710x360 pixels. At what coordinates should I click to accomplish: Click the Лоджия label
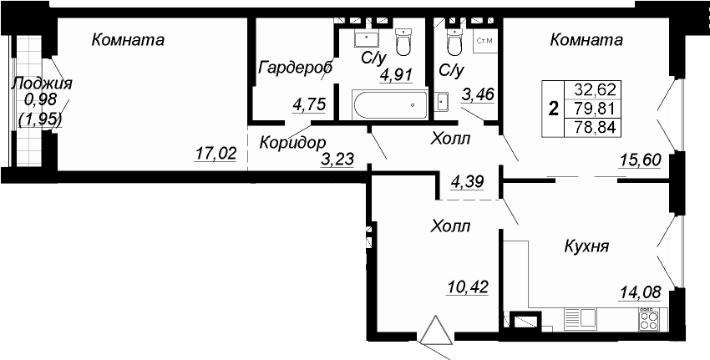[x=42, y=84]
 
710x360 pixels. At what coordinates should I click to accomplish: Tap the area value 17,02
[x=216, y=155]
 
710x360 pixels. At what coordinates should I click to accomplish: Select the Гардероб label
[x=295, y=68]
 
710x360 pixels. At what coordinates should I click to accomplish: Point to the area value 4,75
[x=309, y=104]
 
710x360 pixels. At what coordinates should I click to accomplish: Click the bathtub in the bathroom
[x=390, y=104]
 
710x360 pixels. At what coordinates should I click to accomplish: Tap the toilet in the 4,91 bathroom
[x=403, y=40]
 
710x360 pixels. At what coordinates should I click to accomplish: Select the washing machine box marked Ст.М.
[x=485, y=41]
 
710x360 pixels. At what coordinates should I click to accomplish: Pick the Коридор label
[x=292, y=143]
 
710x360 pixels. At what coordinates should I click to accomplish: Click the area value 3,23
[x=337, y=160]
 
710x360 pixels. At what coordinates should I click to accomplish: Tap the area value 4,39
[x=467, y=182]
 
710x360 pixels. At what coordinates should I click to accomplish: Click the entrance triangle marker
[x=435, y=330]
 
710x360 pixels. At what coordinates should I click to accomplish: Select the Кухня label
[x=586, y=247]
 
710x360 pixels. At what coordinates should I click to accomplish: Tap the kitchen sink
[x=581, y=319]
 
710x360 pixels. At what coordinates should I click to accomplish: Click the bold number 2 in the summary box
[x=553, y=109]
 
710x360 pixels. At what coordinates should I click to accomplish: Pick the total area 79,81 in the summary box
[x=595, y=109]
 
